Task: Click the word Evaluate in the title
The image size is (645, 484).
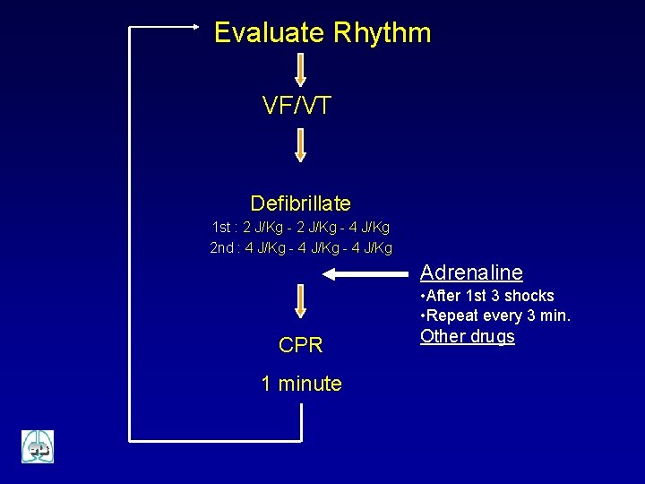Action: tap(269, 33)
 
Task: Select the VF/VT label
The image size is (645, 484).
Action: tap(297, 106)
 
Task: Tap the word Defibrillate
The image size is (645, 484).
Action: tap(300, 203)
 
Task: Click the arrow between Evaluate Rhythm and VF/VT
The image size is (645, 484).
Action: tap(301, 70)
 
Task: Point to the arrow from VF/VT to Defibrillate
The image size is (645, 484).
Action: tap(301, 145)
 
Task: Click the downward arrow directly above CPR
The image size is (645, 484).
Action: tap(301, 300)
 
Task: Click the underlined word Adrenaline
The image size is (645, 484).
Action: tap(471, 272)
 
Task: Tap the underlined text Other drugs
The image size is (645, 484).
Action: tap(468, 337)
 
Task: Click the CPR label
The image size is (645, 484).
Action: tap(301, 345)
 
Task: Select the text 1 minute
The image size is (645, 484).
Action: tap(301, 384)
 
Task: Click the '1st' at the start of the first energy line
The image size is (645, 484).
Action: tap(222, 228)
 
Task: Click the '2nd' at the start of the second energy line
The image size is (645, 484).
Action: tap(221, 247)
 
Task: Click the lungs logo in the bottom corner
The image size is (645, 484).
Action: tap(38, 446)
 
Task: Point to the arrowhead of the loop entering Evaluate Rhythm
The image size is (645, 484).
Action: tap(197, 28)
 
